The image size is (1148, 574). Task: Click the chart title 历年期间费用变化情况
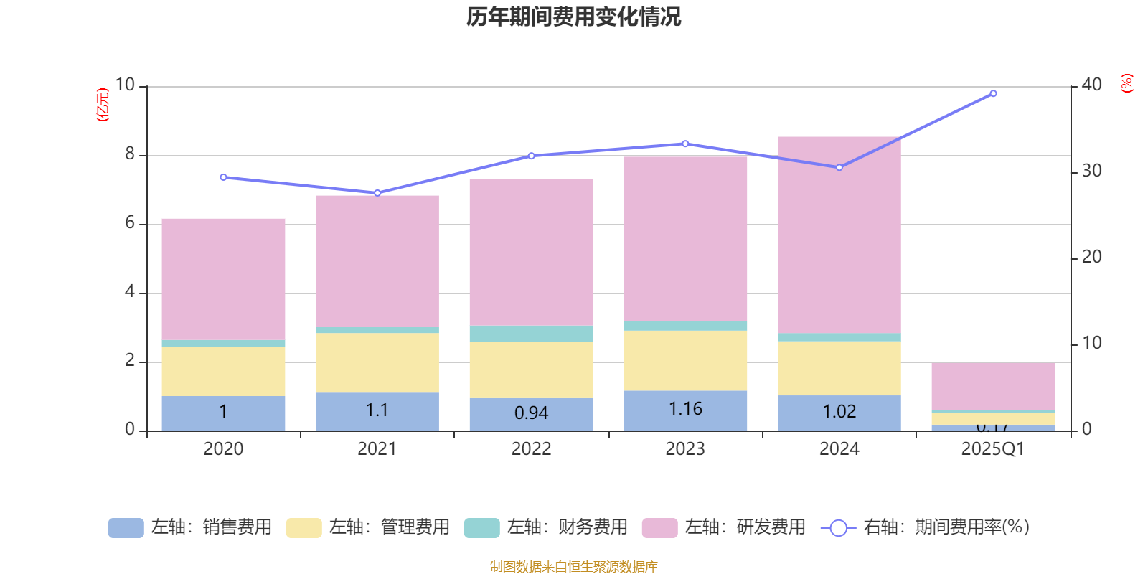(x=573, y=17)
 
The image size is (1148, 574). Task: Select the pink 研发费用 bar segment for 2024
(x=839, y=235)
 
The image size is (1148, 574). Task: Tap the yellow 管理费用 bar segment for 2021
(x=377, y=362)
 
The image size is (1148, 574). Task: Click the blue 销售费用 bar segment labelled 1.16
(x=685, y=410)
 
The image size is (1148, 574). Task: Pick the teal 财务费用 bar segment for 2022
(x=531, y=334)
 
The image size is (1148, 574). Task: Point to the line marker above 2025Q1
(x=993, y=93)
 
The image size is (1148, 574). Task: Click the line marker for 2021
(x=377, y=193)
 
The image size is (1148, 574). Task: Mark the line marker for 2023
(x=685, y=143)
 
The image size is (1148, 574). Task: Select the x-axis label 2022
(x=531, y=449)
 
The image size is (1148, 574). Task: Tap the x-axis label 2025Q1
(x=992, y=449)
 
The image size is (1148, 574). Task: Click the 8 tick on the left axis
(x=130, y=154)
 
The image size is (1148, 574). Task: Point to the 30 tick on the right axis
(x=1091, y=171)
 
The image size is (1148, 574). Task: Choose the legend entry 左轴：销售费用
(x=190, y=527)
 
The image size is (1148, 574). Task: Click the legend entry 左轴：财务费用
(x=546, y=527)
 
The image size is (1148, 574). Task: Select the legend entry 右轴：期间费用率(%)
(x=925, y=527)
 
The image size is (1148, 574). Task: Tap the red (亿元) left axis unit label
(x=103, y=105)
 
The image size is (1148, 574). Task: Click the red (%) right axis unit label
(x=1126, y=83)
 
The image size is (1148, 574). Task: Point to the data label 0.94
(x=531, y=413)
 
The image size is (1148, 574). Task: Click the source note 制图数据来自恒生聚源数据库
(x=573, y=567)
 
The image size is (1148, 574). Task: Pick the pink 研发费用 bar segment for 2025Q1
(x=993, y=386)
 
